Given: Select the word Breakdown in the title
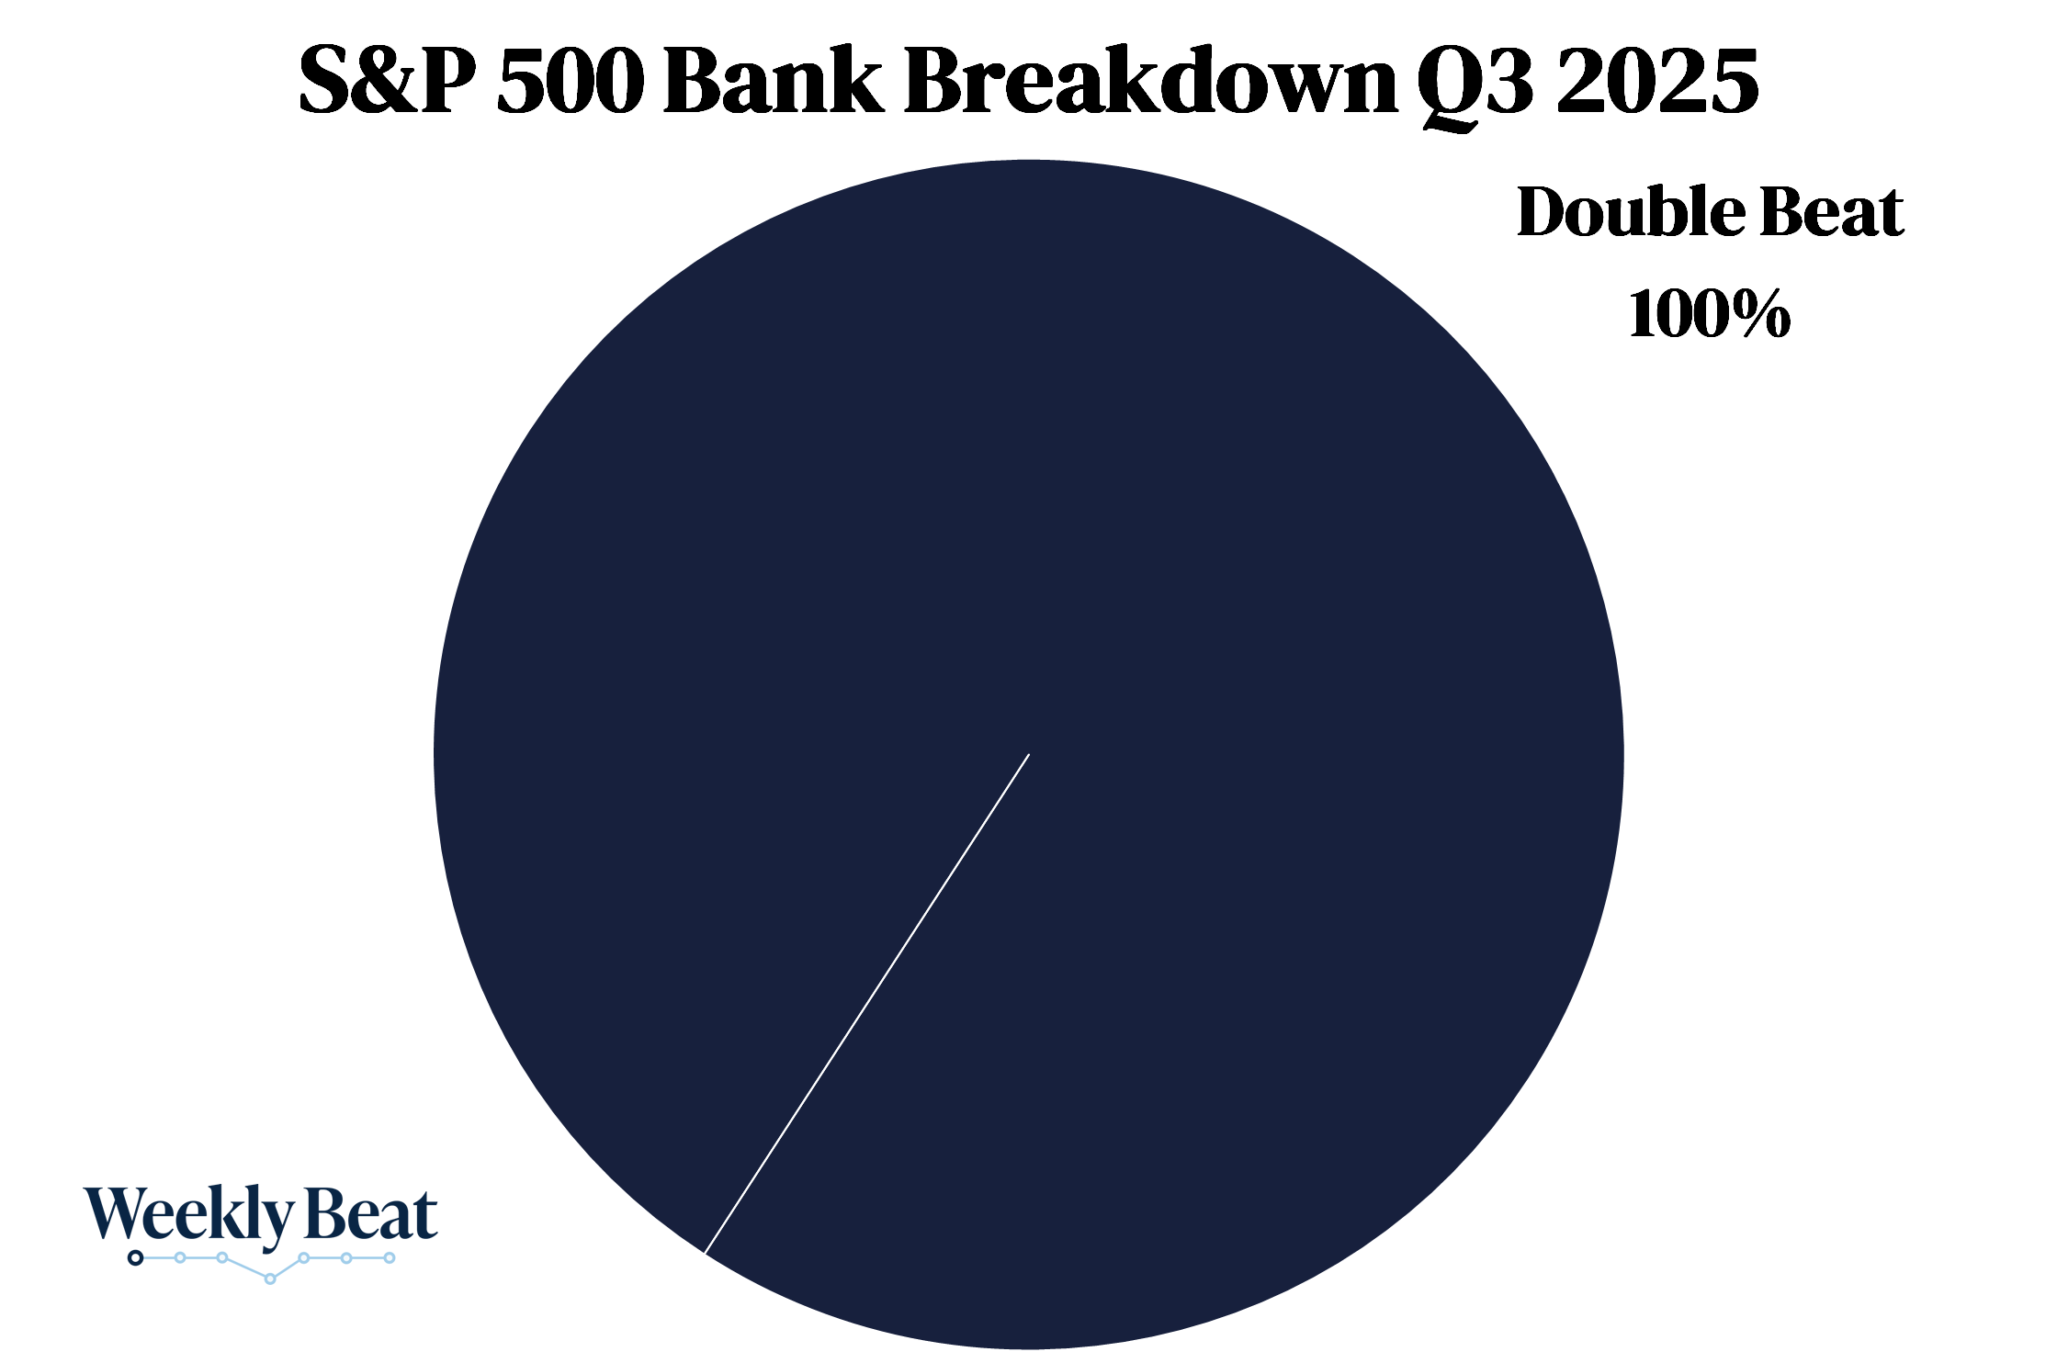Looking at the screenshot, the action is pyautogui.click(x=1151, y=81).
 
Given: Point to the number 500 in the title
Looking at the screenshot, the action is pyautogui.click(x=570, y=82).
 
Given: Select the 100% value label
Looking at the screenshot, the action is pyautogui.click(x=1710, y=313).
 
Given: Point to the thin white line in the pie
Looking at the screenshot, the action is pyautogui.click(x=866, y=1003).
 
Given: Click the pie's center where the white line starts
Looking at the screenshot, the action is pyautogui.click(x=1029, y=754).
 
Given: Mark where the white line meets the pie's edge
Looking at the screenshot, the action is pyautogui.click(x=705, y=1253).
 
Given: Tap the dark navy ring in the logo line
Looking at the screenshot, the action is pyautogui.click(x=136, y=1257).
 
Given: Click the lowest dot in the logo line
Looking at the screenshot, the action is pyautogui.click(x=270, y=1279).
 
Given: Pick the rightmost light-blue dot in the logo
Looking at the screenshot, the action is pyautogui.click(x=390, y=1257).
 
